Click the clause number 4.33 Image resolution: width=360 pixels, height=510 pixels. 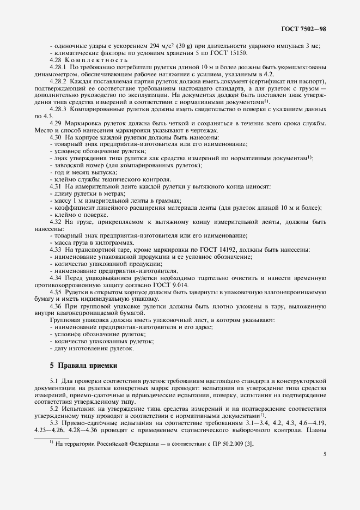click(56, 249)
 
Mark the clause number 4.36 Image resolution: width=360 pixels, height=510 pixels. click(56, 306)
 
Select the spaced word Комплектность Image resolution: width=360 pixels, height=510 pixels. click(92, 59)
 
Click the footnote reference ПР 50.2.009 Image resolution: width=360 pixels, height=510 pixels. click(222, 443)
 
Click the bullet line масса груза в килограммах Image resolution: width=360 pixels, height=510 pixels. click(89, 242)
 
